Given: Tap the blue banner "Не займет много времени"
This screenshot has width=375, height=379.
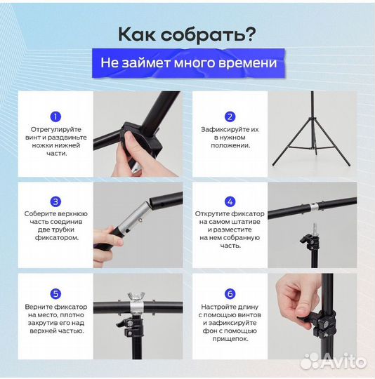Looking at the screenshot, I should coord(187,63).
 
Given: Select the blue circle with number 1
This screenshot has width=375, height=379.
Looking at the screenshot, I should coord(55,117).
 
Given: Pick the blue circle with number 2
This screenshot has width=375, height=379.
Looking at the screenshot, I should coord(230,117).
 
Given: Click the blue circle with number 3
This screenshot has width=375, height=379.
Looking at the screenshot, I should coord(55,201).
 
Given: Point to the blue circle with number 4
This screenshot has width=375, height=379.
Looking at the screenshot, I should coord(230,201).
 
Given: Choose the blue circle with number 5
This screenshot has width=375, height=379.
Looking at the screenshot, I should coord(55,294).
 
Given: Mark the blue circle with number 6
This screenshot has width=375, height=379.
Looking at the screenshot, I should coord(230,294).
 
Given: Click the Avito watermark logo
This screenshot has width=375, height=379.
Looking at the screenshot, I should coord(333,361).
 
